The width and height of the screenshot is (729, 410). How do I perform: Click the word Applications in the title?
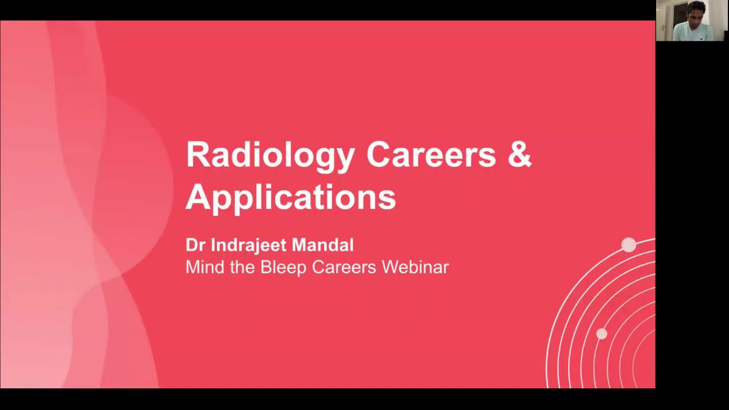(290, 199)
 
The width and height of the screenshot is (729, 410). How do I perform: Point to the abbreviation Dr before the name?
(196, 245)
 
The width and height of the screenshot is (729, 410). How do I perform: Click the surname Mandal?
(323, 245)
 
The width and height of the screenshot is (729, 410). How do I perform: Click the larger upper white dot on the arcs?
(629, 245)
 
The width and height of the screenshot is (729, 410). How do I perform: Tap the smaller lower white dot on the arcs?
(601, 333)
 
